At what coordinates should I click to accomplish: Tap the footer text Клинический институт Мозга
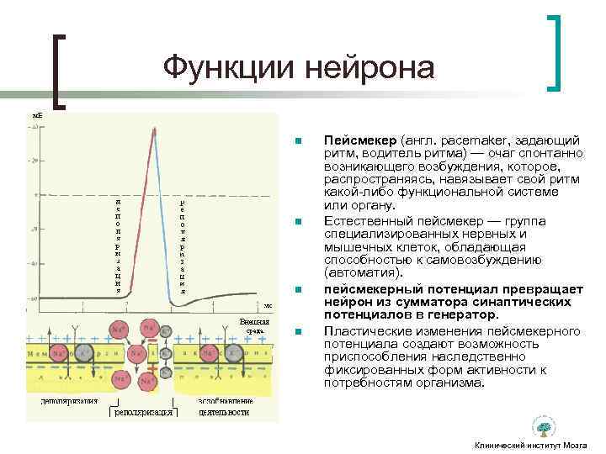click(530, 444)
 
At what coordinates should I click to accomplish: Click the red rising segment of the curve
click(146, 210)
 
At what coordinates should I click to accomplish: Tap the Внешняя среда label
click(253, 325)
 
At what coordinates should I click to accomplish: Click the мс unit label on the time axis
click(267, 305)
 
